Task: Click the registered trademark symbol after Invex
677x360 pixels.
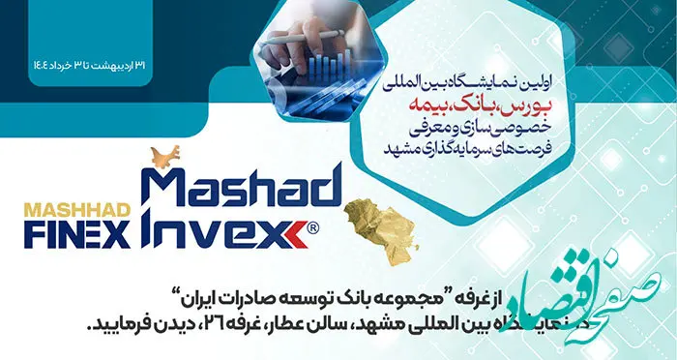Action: (313, 229)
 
